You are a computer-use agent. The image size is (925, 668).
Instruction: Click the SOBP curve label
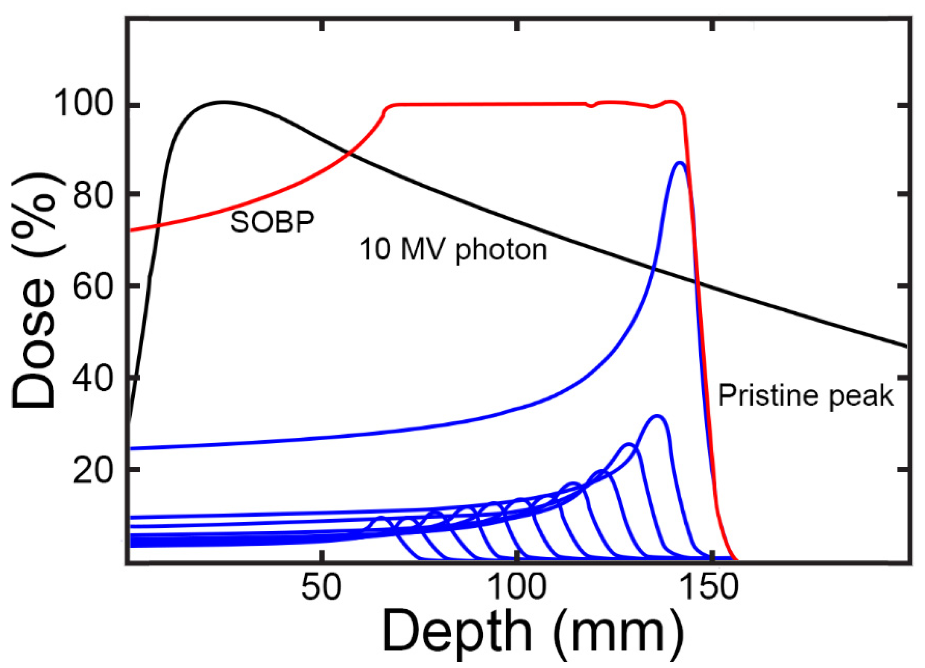point(272,222)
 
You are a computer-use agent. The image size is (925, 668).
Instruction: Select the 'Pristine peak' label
point(805,395)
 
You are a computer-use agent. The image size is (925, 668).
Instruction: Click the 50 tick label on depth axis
point(321,588)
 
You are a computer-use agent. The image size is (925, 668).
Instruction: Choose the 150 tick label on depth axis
point(711,588)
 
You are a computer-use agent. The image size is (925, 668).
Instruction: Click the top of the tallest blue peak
point(680,162)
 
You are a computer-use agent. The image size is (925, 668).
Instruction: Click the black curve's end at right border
point(906,347)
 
